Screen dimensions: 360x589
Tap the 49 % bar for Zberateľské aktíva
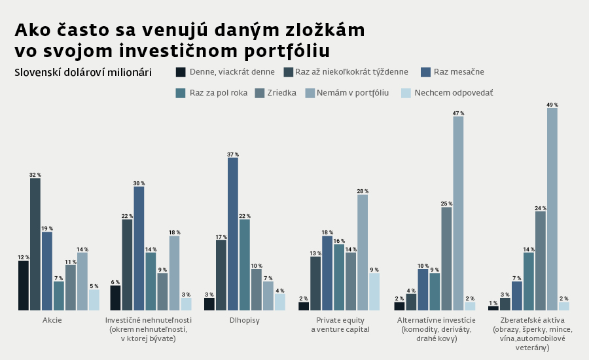click(552, 209)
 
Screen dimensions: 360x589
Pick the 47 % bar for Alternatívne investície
click(458, 213)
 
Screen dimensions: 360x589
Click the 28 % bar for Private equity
click(363, 252)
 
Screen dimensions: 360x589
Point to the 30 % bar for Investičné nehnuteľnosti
click(139, 248)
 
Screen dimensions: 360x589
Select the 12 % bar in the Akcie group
click(24, 285)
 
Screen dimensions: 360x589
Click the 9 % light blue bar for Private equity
click(374, 291)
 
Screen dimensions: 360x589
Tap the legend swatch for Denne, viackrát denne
click(181, 72)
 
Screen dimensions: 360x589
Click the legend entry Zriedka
click(281, 93)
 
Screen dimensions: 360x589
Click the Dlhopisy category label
click(245, 320)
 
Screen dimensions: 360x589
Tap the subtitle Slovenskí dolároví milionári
click(83, 72)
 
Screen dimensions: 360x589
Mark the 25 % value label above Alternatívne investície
click(446, 204)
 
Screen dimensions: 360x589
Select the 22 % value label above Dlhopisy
click(245, 216)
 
